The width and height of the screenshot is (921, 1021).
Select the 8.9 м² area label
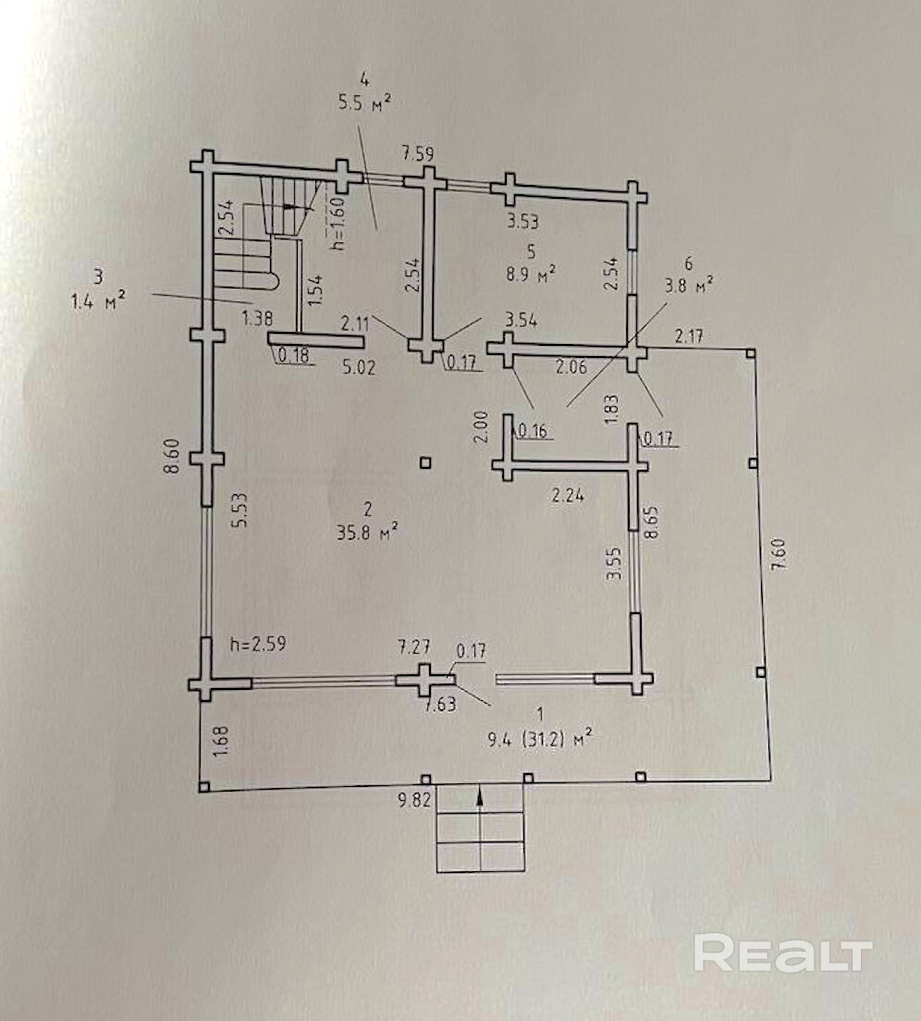click(x=530, y=273)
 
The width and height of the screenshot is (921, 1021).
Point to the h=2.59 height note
click(x=258, y=644)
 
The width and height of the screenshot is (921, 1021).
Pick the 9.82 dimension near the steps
click(x=415, y=801)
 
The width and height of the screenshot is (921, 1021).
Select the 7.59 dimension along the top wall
click(x=416, y=154)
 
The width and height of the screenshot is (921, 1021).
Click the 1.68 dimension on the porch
click(x=220, y=744)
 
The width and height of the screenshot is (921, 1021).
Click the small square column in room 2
click(x=424, y=462)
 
